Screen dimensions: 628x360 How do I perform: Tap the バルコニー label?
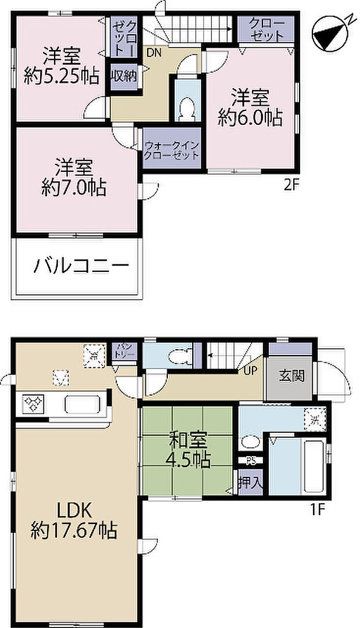tap(81, 267)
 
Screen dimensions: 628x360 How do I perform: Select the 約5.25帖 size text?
tap(60, 76)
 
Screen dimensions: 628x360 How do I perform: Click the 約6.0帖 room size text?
tap(250, 118)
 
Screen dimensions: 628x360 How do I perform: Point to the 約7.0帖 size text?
tap(73, 187)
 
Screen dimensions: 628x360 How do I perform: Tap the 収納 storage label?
tap(124, 76)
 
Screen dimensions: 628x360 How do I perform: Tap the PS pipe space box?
tap(251, 462)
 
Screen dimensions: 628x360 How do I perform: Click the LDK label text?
tap(74, 511)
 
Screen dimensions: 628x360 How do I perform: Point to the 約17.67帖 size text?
tap(74, 530)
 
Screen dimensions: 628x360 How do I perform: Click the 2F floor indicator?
tap(291, 186)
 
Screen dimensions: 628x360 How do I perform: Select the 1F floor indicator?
tap(316, 512)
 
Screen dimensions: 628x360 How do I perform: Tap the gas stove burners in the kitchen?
tap(33, 402)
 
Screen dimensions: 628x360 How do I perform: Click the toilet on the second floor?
tap(187, 109)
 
